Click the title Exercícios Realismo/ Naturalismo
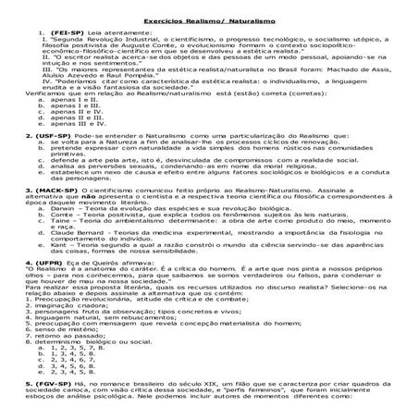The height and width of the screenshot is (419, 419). click(x=209, y=19)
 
